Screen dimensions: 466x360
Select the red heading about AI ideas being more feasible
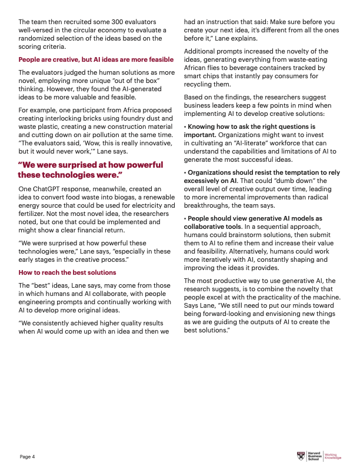96,59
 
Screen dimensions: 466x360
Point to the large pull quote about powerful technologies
91,169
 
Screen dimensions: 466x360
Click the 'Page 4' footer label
28,457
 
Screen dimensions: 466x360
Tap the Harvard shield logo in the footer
301,456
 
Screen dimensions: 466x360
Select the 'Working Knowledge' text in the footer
333,456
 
